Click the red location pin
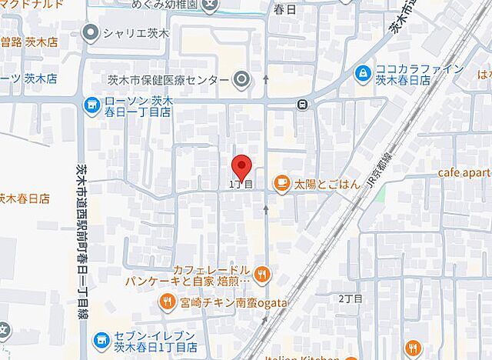[x=241, y=166]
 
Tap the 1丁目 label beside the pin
[x=241, y=185]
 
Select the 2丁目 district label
[x=351, y=297]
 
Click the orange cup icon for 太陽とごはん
[x=281, y=182]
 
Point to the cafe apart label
[x=464, y=173]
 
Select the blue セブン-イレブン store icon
[x=101, y=339]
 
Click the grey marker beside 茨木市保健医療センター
[x=242, y=79]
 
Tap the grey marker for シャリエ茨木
[x=91, y=32]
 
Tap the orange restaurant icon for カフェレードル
[x=262, y=272]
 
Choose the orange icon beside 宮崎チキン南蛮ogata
[x=166, y=302]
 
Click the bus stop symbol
[x=304, y=105]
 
